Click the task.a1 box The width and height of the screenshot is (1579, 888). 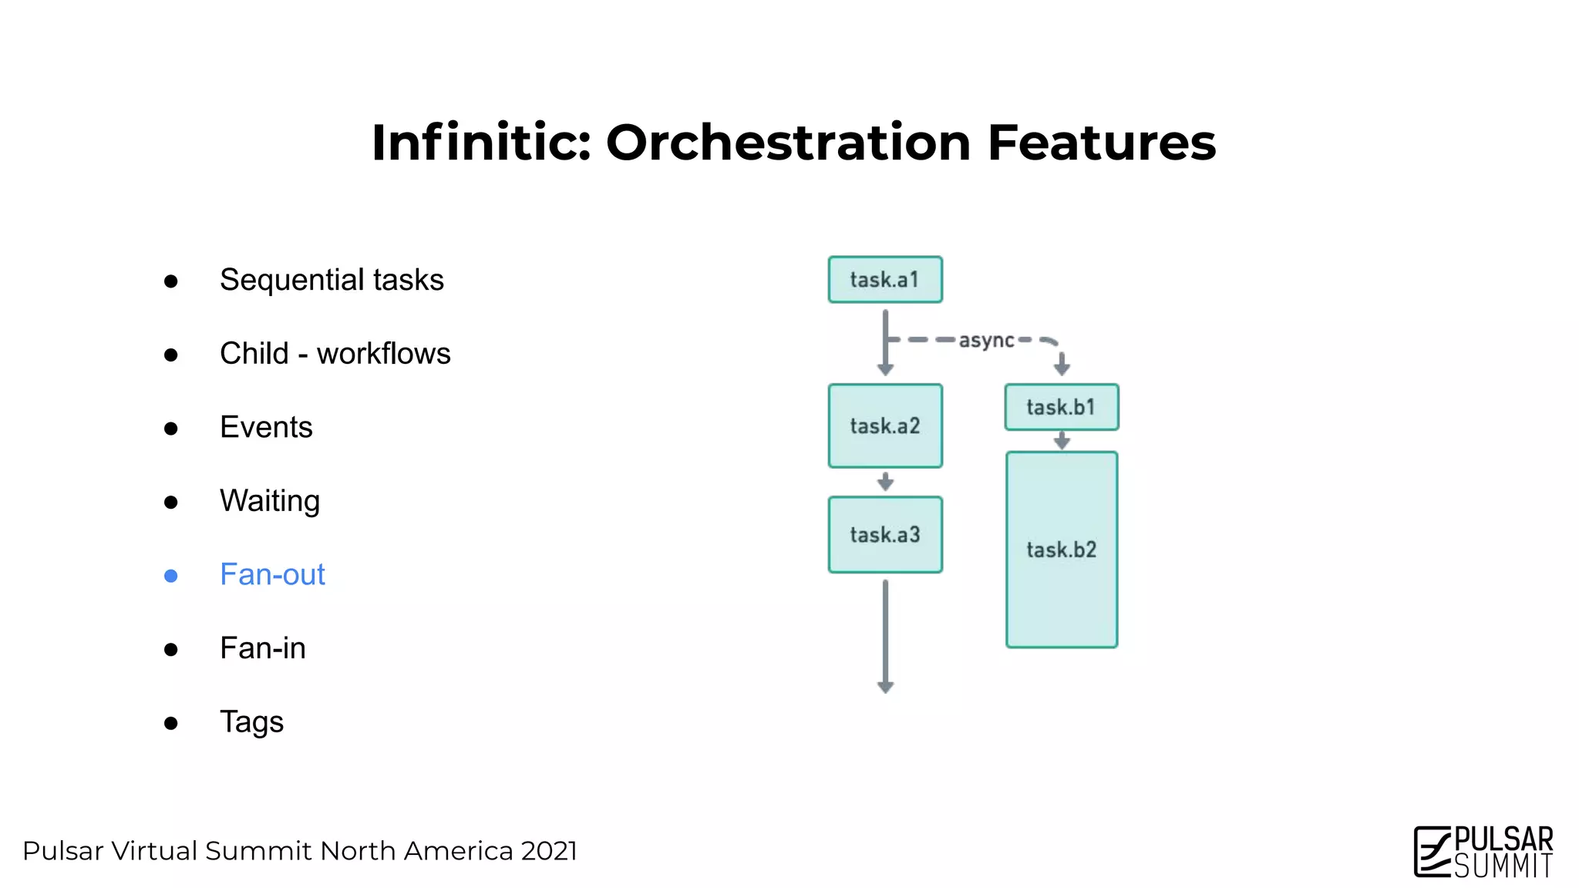tap(885, 280)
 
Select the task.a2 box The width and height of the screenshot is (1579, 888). tap(885, 426)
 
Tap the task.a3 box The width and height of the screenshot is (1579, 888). tap(885, 535)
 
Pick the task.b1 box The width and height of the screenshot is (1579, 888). tap(1061, 407)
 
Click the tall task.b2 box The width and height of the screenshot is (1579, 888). tap(1061, 550)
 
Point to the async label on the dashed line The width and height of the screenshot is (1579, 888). tap(986, 340)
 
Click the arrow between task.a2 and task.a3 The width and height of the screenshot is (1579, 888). tap(885, 482)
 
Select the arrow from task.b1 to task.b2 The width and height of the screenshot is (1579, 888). tap(1062, 441)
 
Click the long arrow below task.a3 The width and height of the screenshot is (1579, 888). tap(885, 636)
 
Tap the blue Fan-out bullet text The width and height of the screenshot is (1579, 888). tap(272, 575)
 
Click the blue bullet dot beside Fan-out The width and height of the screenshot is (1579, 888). tap(171, 576)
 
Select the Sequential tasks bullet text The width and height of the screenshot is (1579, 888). tap(332, 280)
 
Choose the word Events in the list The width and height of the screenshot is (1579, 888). tap(266, 427)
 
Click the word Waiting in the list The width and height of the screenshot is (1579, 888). tap(269, 501)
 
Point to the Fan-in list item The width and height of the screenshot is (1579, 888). tap(262, 648)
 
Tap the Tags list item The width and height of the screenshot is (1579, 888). tap(251, 722)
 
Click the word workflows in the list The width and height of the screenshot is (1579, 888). tap(383, 354)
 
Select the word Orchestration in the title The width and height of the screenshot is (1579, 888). tap(788, 143)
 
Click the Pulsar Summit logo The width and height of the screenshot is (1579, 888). tap(1483, 852)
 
